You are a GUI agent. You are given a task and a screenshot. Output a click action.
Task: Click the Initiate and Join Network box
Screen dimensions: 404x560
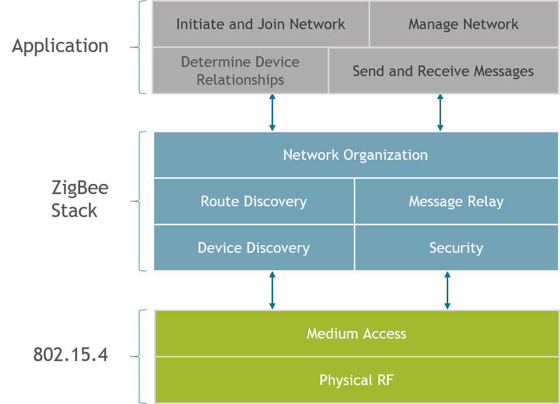260,24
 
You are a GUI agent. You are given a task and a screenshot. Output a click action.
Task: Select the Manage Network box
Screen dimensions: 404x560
464,24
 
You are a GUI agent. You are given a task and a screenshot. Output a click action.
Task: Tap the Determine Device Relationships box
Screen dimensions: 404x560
240,71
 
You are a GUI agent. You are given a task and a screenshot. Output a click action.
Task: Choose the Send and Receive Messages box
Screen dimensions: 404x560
443,71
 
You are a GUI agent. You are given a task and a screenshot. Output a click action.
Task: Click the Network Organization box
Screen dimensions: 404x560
355,155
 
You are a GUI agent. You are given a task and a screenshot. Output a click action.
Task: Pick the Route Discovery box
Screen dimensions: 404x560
254,201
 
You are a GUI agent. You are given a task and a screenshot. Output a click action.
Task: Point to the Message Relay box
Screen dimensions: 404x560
456,201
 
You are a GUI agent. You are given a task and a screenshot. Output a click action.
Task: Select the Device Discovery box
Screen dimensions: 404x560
254,248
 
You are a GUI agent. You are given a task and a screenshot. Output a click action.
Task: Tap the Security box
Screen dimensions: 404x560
456,248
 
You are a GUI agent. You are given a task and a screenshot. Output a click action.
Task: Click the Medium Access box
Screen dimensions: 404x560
356,334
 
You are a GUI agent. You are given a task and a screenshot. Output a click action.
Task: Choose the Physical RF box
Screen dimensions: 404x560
356,381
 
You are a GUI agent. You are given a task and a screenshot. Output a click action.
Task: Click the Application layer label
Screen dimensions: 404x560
60,46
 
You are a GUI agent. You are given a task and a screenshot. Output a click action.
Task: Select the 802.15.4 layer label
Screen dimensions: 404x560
70,354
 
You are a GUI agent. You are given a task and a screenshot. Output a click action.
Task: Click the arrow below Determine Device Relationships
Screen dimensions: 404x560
272,112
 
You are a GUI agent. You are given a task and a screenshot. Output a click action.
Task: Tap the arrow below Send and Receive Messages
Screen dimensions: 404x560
440,112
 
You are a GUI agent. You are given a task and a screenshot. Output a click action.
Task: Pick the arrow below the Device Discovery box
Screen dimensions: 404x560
272,291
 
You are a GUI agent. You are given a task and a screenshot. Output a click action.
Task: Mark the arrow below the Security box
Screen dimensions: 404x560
447,291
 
